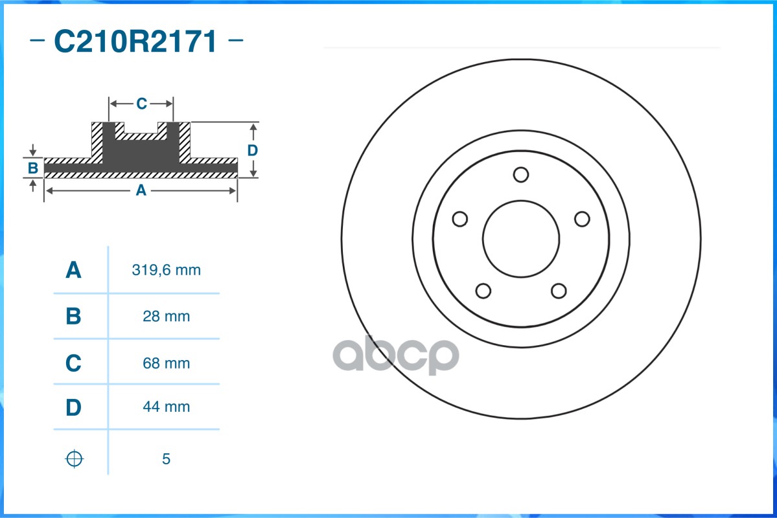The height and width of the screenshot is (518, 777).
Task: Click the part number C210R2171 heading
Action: click(x=135, y=42)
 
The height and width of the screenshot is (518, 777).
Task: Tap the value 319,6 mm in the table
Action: click(x=166, y=271)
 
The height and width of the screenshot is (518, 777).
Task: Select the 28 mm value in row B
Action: click(x=166, y=317)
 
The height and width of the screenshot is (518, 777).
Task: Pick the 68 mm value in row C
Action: click(x=166, y=363)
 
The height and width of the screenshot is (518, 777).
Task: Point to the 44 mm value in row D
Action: click(x=166, y=407)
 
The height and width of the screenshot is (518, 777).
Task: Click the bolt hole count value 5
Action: click(x=166, y=459)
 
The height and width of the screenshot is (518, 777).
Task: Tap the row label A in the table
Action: click(x=74, y=271)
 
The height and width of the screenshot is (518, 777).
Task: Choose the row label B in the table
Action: click(x=74, y=317)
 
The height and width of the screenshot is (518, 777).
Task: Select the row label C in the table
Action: click(x=74, y=363)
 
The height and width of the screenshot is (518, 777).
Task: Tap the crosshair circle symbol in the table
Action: click(x=75, y=458)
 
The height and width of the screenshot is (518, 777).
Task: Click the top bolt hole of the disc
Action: click(x=521, y=175)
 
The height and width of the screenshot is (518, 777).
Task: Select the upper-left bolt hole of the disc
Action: click(x=459, y=220)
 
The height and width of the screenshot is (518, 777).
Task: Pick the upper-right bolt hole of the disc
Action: click(x=582, y=220)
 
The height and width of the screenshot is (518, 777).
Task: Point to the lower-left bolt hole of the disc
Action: click(x=483, y=291)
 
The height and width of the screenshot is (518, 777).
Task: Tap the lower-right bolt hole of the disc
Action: click(x=559, y=291)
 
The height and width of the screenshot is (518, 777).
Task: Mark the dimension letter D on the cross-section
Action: click(x=253, y=150)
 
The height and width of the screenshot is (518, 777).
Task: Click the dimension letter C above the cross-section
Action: click(x=141, y=104)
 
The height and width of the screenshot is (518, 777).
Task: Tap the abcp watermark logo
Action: click(x=395, y=354)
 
